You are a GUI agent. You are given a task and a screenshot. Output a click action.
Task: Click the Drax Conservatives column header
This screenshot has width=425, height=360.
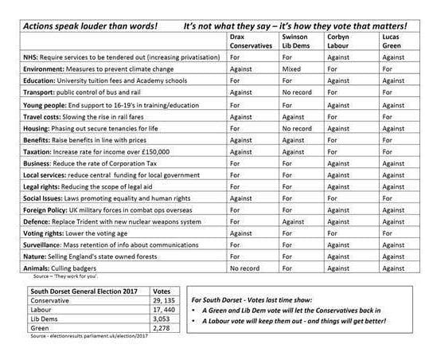tap(250, 41)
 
